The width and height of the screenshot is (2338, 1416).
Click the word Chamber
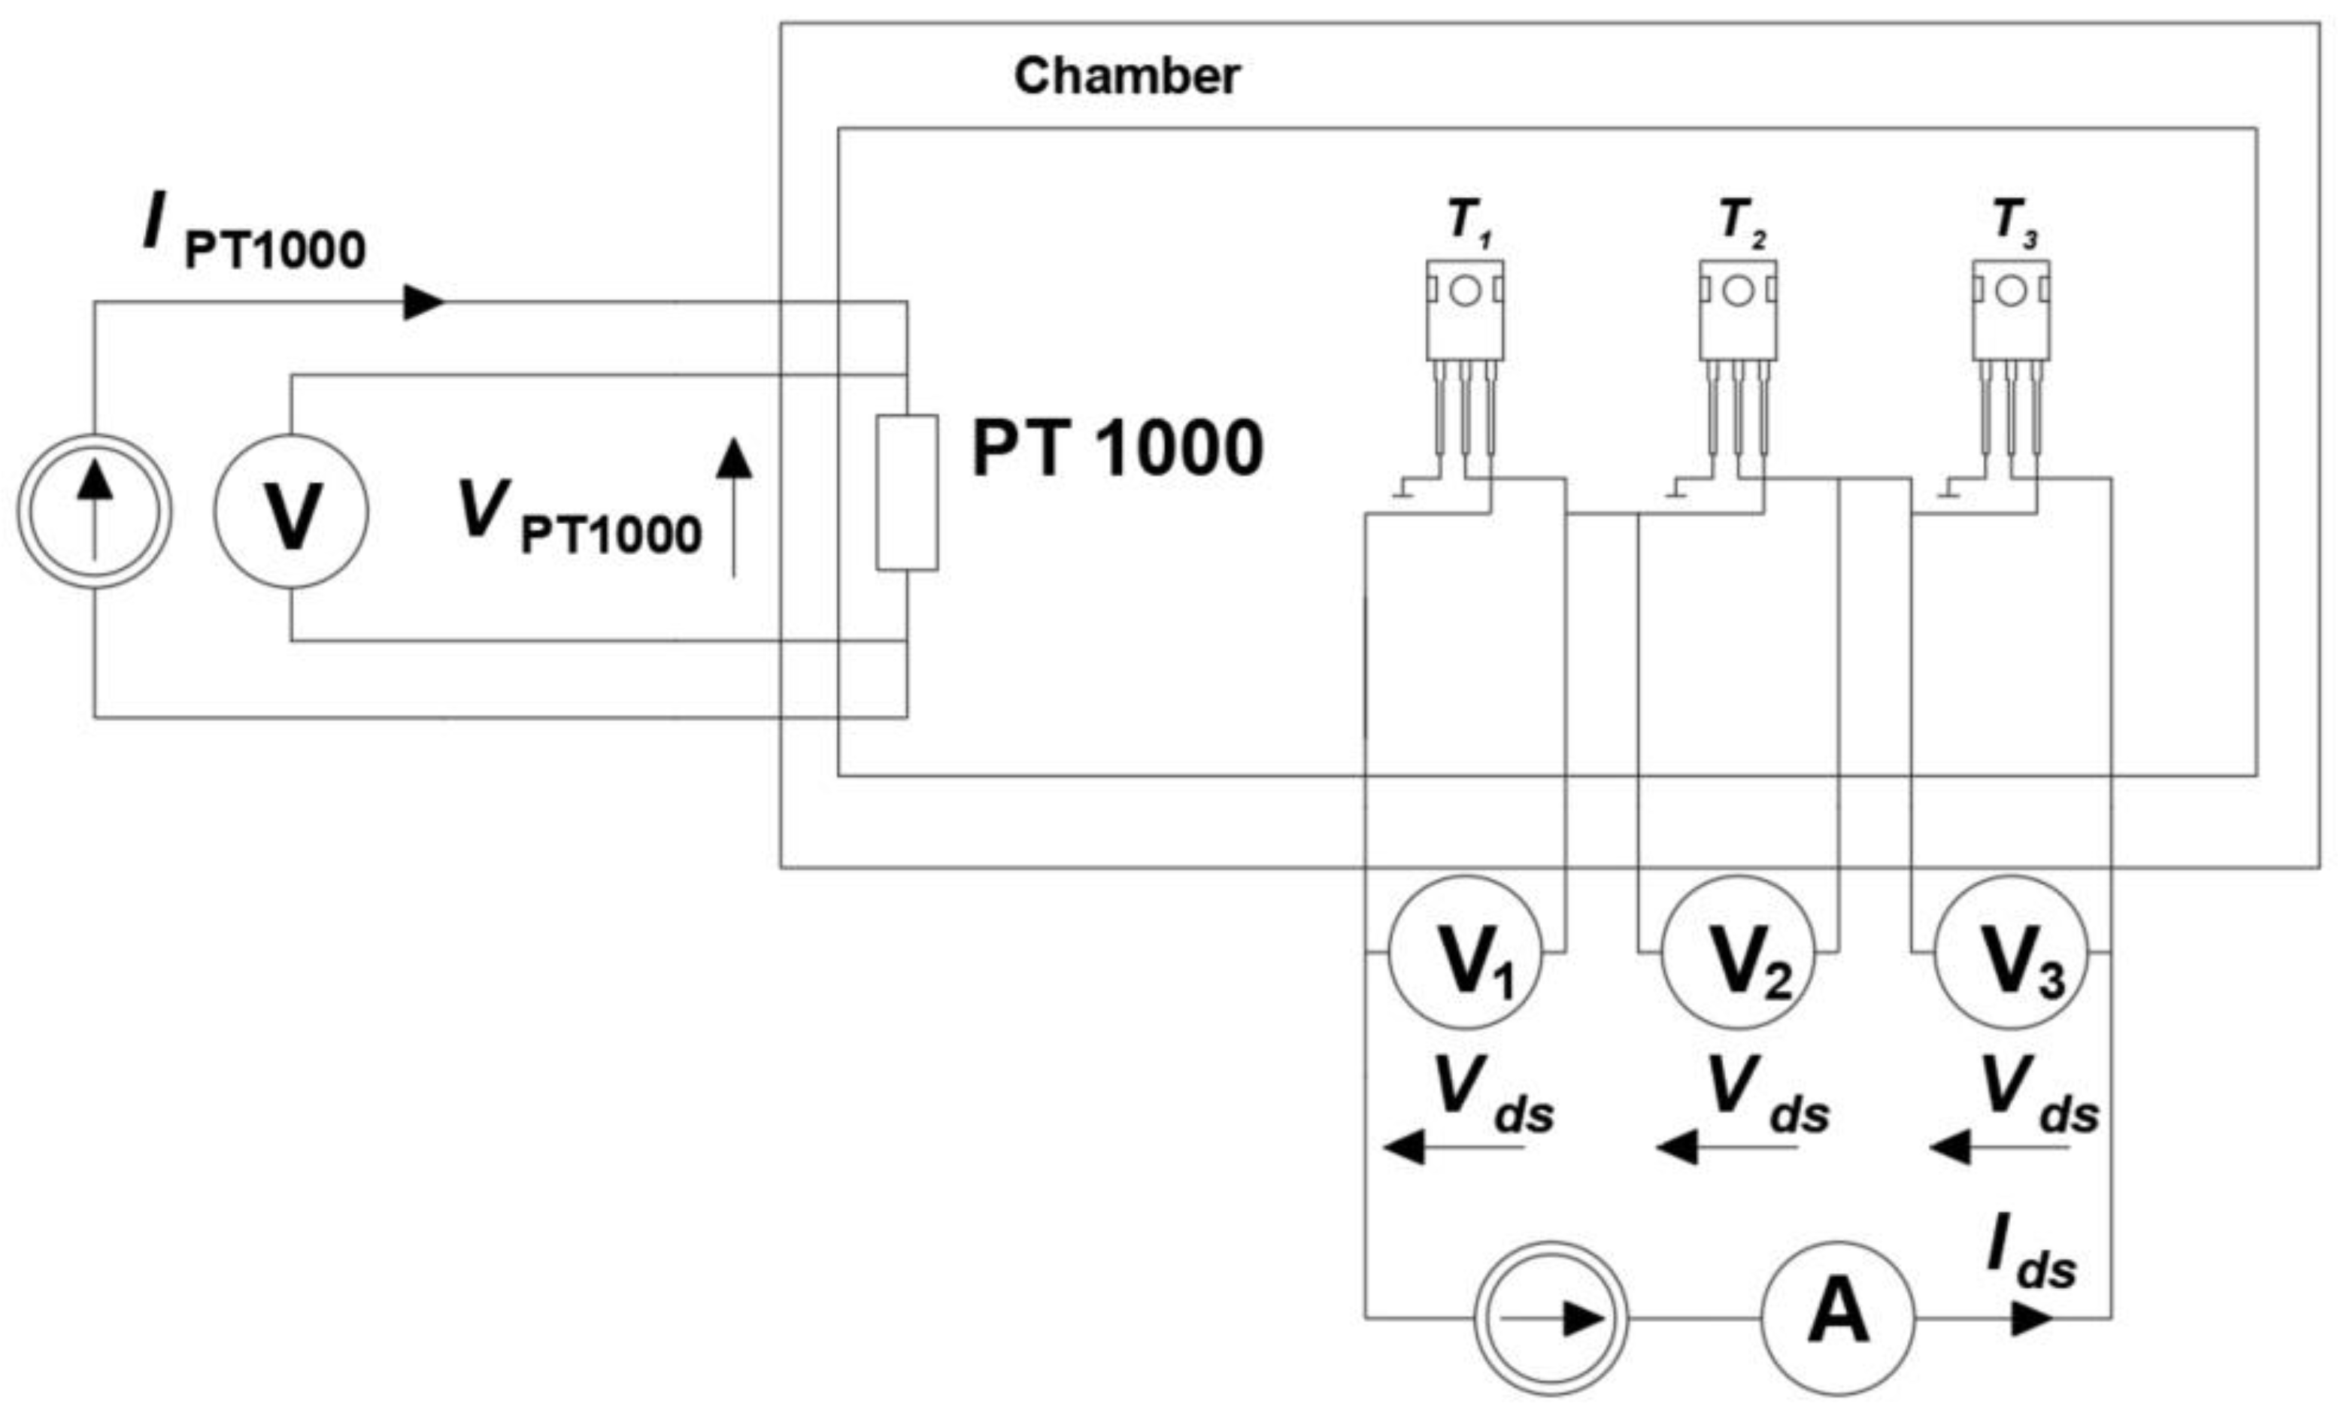[x=1127, y=76]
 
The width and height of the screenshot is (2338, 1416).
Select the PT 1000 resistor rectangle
[x=907, y=493]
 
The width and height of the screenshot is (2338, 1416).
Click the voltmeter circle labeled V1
[x=1464, y=952]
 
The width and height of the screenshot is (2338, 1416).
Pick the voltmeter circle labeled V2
[x=1737, y=952]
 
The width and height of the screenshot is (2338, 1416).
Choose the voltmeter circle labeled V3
[x=2011, y=952]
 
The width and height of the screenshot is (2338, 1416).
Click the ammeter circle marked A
[x=1838, y=1318]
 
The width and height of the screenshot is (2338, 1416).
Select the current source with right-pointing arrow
[x=1551, y=1318]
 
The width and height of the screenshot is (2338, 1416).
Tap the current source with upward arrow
[x=94, y=511]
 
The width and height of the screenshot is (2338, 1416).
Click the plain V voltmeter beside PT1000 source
[x=290, y=511]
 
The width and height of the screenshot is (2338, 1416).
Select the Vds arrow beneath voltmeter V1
[x=1453, y=1148]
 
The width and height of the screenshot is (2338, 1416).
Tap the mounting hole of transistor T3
[x=2011, y=290]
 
